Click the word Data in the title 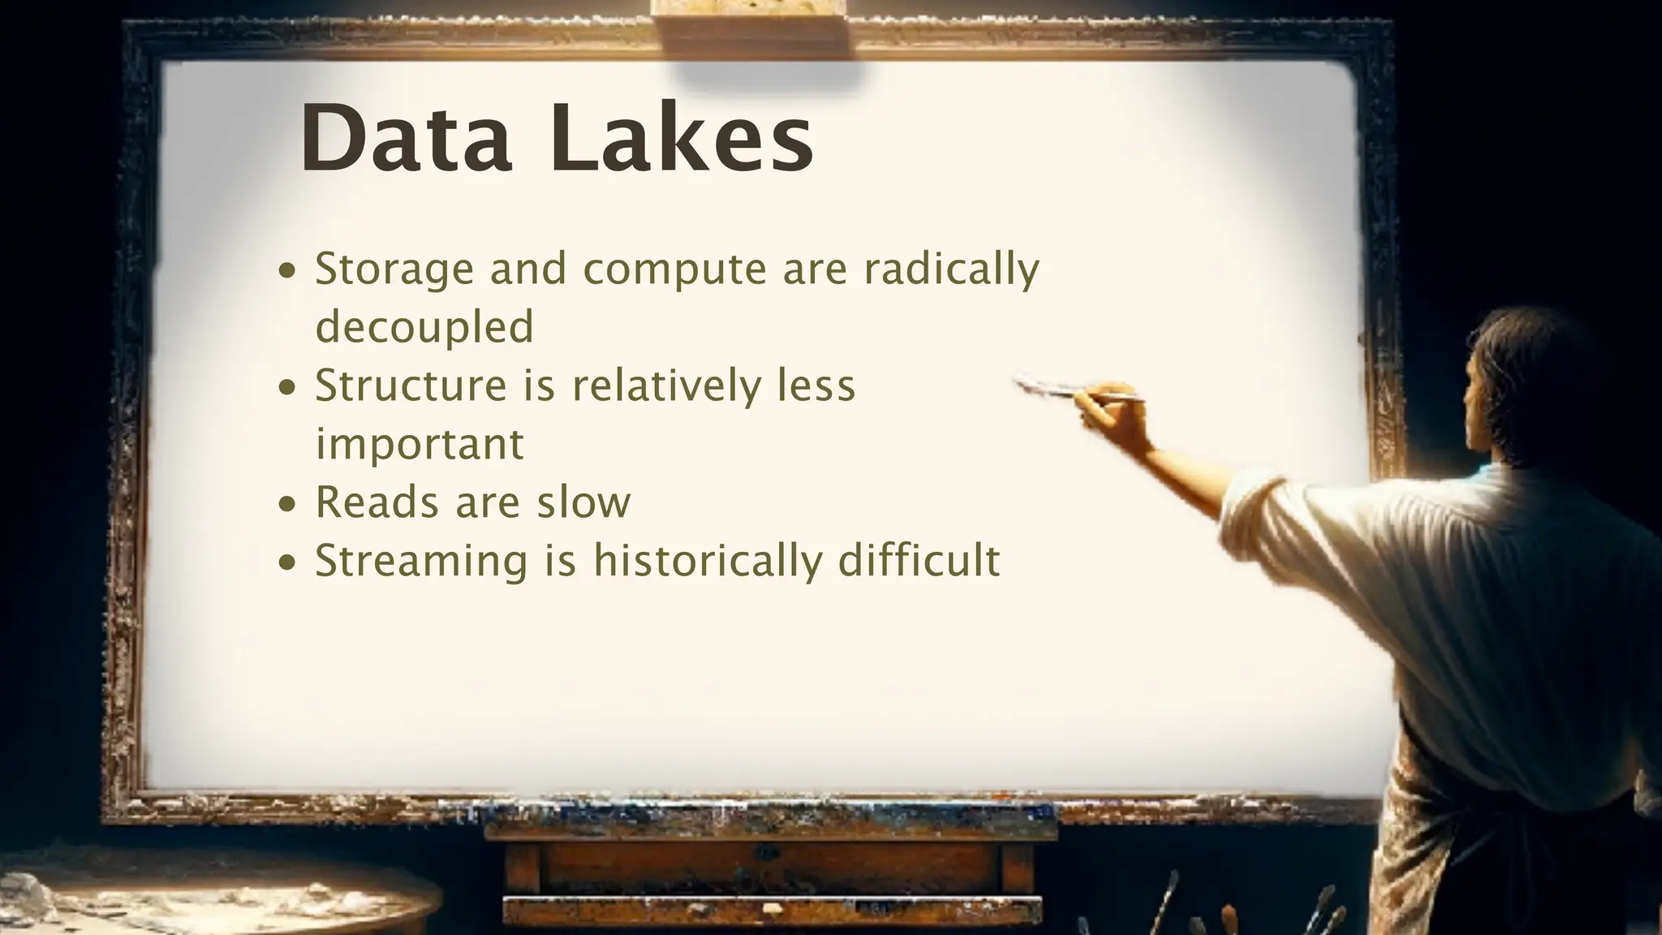pos(406,138)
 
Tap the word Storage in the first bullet pos(394,269)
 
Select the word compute pos(674,269)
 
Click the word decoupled pos(424,326)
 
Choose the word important pos(420,444)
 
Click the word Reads pos(377,502)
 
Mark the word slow pos(583,502)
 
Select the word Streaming pos(421,561)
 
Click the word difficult pos(919,561)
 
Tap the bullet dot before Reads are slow pos(287,503)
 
